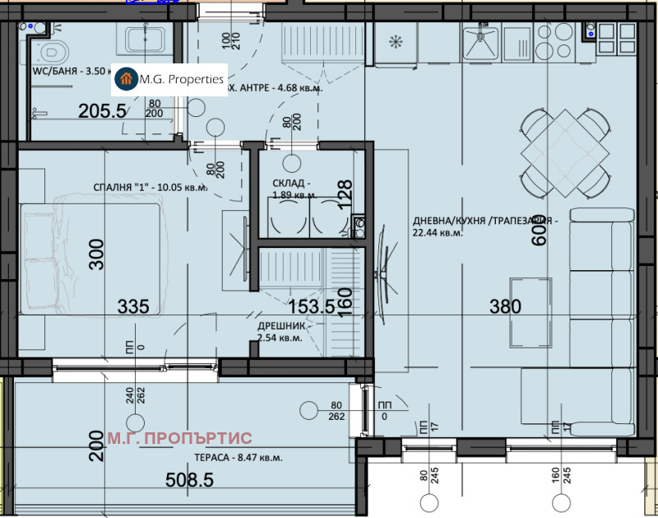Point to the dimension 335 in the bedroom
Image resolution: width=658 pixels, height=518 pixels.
pyautogui.click(x=132, y=307)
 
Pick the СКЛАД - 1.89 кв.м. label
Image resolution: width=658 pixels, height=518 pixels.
pyautogui.click(x=291, y=189)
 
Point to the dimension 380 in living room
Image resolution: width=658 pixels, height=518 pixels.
pyautogui.click(x=505, y=307)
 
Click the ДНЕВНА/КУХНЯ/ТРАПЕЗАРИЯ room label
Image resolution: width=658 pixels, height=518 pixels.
pyautogui.click(x=485, y=226)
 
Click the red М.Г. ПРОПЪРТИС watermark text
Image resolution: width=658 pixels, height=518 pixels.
pyautogui.click(x=180, y=438)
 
